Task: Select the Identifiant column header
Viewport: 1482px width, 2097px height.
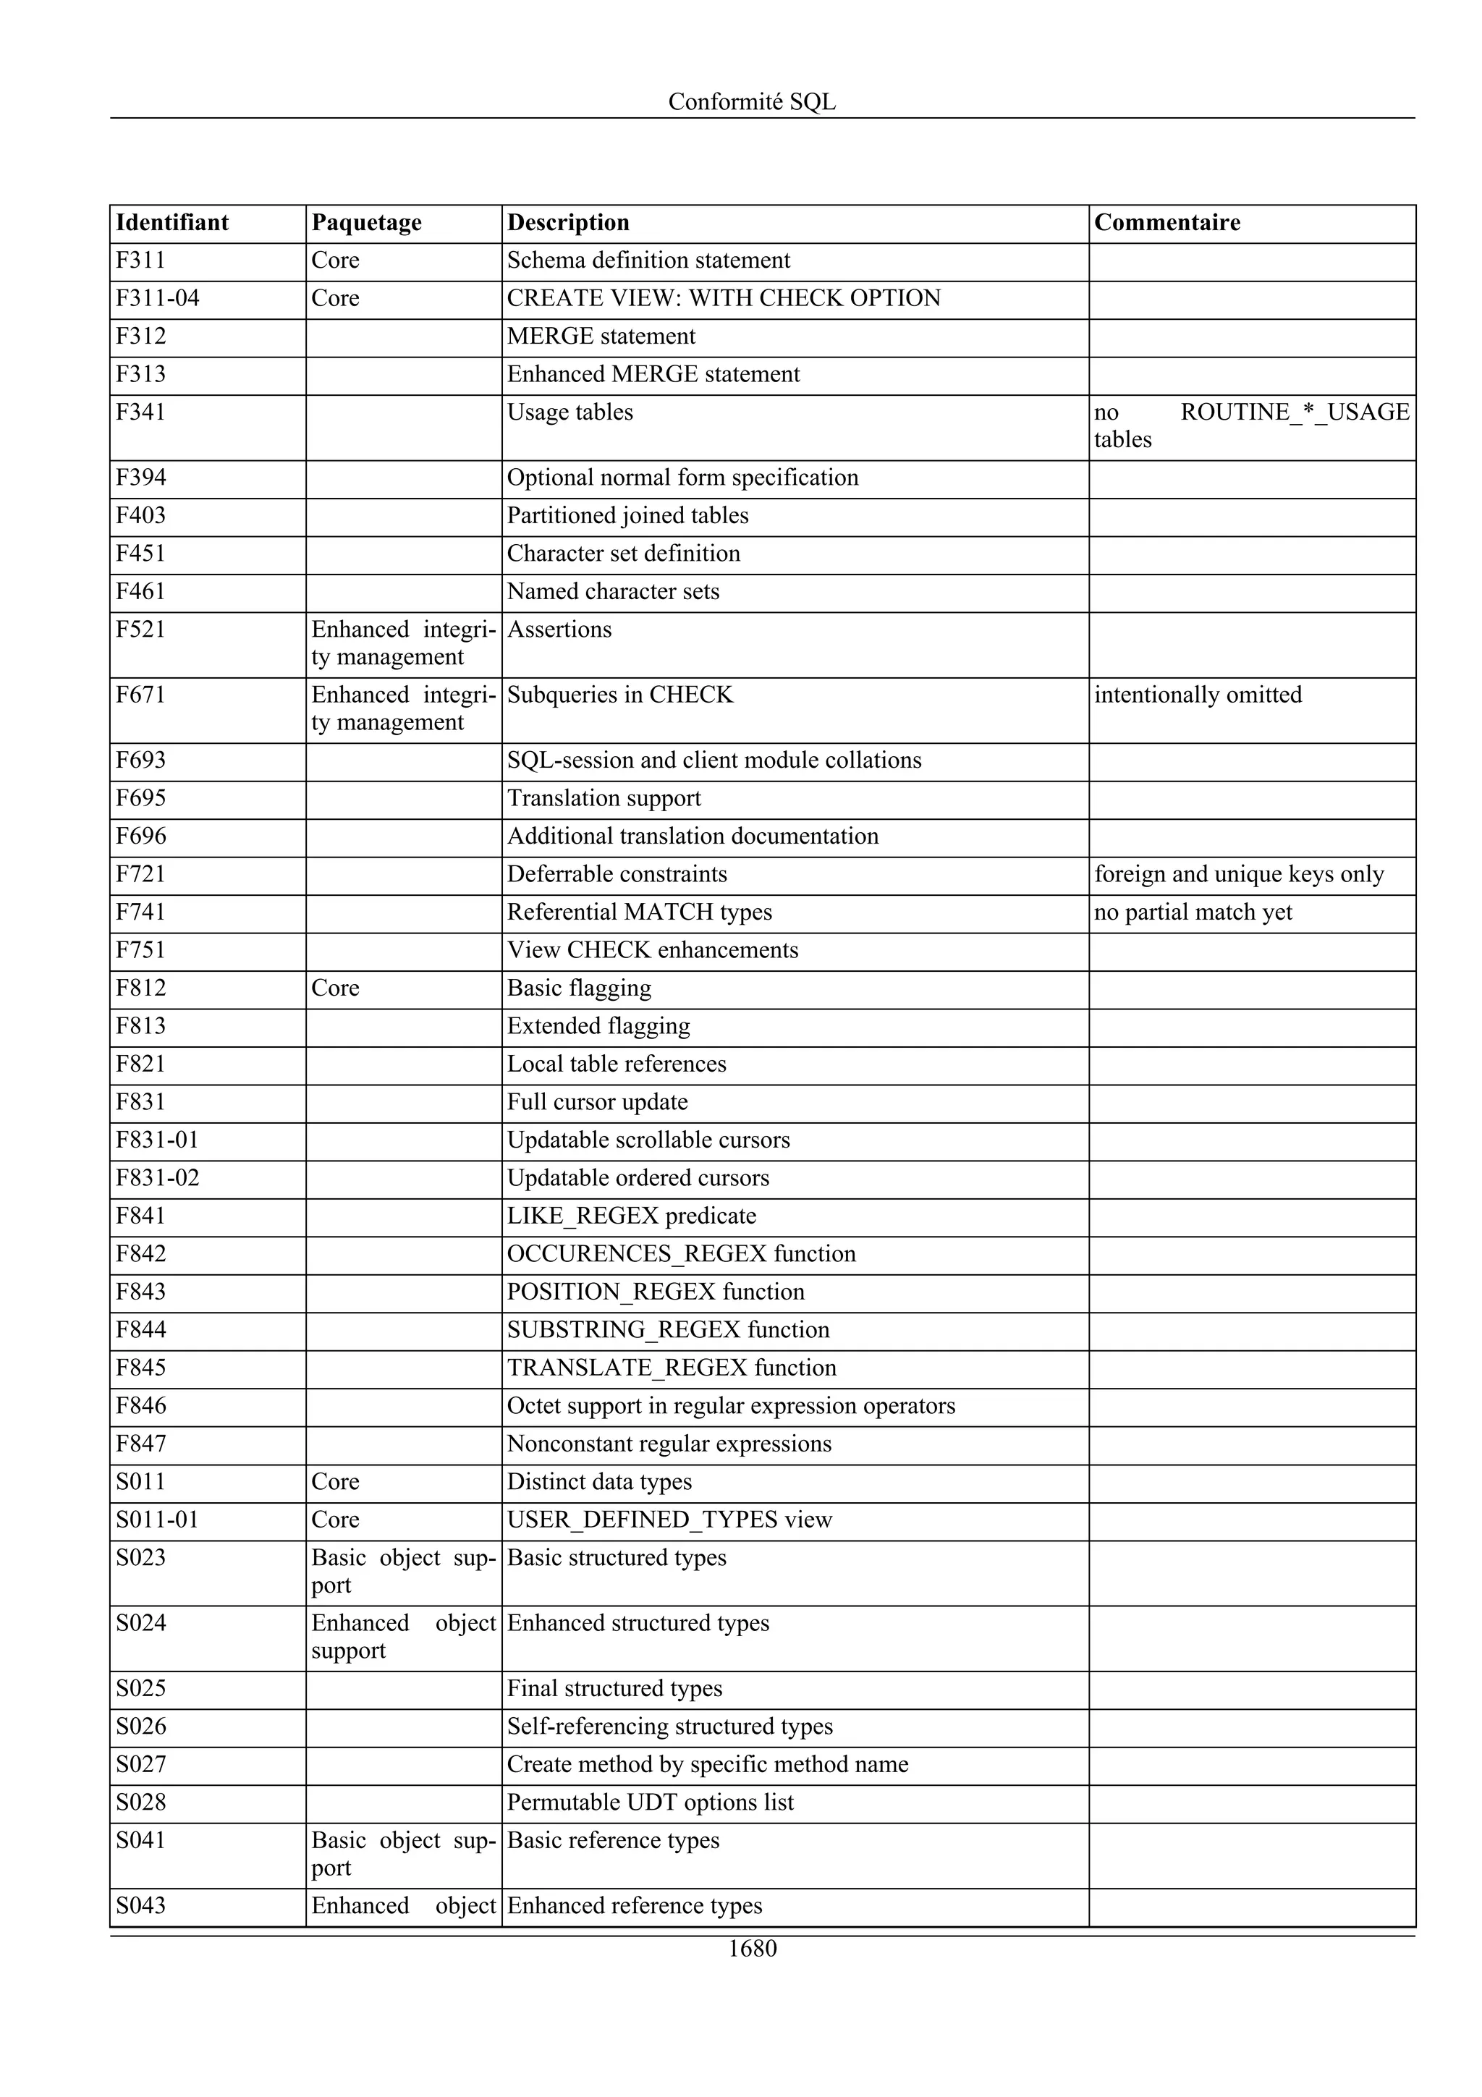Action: point(172,223)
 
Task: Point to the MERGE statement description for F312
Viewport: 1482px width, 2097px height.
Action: point(601,336)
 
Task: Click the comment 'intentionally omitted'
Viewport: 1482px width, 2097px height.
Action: point(1197,695)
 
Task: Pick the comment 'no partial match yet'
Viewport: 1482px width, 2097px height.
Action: point(1193,912)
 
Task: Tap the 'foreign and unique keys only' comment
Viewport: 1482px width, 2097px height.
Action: point(1238,874)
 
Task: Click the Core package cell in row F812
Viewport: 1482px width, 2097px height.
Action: point(335,988)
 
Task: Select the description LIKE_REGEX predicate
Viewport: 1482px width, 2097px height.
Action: point(631,1216)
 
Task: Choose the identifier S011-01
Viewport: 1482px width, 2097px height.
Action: point(157,1520)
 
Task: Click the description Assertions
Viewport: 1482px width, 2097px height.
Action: point(559,630)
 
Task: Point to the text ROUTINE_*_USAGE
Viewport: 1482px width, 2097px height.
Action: point(1294,412)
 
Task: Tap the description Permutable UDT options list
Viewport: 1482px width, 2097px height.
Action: point(650,1802)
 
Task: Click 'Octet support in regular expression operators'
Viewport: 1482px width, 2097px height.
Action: point(730,1406)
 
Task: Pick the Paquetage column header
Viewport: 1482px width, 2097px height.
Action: point(366,223)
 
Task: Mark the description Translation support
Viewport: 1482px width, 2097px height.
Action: point(604,798)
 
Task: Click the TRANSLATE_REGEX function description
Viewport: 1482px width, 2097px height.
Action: point(671,1368)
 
